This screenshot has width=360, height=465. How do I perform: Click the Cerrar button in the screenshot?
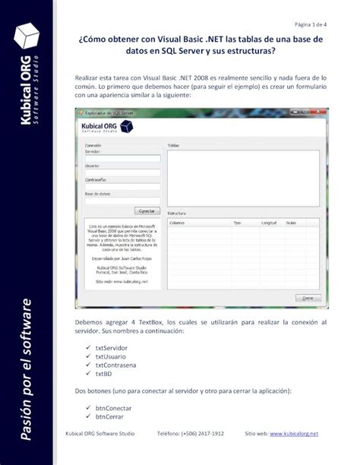click(x=306, y=299)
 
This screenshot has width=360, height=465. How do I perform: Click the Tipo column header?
click(x=237, y=223)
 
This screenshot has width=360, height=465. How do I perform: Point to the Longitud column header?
click(x=268, y=223)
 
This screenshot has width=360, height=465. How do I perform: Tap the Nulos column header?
click(x=291, y=223)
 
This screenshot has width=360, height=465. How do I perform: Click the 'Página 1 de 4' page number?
click(x=310, y=24)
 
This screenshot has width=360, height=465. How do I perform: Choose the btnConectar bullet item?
click(x=115, y=407)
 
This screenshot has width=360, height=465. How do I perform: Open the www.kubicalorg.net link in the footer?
click(x=292, y=433)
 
